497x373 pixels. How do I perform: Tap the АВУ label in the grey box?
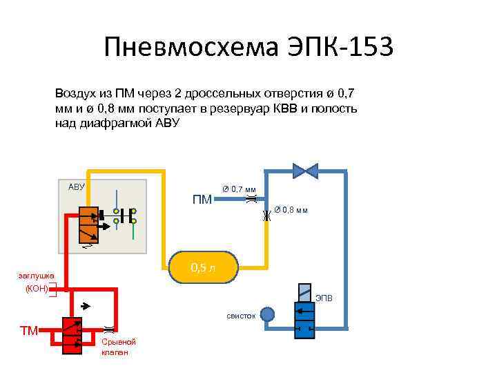76,186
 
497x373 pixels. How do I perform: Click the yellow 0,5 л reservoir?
204,267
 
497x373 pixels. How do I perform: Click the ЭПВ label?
324,298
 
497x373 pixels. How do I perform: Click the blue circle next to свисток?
266,315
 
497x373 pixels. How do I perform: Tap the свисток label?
241,316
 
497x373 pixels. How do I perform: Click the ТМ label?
29,331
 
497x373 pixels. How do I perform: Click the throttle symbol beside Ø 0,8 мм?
266,216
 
